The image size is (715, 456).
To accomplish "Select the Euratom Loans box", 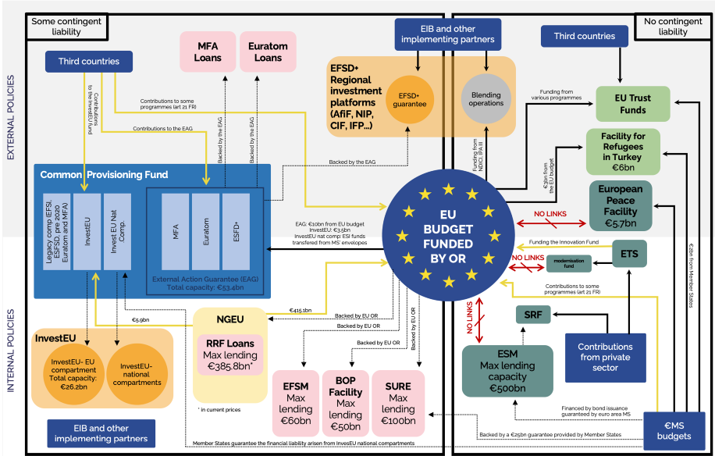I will click(268, 52).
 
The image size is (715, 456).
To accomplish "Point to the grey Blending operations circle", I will click(486, 100).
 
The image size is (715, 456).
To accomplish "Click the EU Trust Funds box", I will click(633, 103).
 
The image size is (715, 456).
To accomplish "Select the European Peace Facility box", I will click(621, 206).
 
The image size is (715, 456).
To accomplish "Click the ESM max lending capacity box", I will click(507, 371).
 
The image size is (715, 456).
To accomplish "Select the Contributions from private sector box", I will click(606, 357).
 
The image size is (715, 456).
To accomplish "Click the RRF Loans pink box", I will click(230, 356).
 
